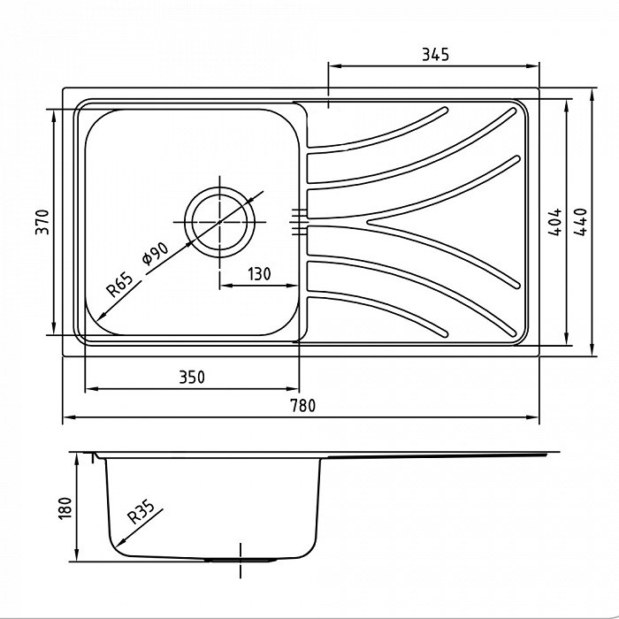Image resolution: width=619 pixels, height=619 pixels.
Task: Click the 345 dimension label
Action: point(435,55)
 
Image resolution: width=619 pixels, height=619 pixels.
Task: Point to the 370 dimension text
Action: point(42,222)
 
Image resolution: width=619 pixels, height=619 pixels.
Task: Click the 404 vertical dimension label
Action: point(554,222)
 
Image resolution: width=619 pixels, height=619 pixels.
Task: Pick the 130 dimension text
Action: point(259,274)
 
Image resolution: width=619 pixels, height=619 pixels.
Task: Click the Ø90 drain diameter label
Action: point(155,254)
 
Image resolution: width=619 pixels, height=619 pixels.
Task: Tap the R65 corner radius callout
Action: point(119,285)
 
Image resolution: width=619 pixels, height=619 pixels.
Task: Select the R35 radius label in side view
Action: point(141,512)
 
